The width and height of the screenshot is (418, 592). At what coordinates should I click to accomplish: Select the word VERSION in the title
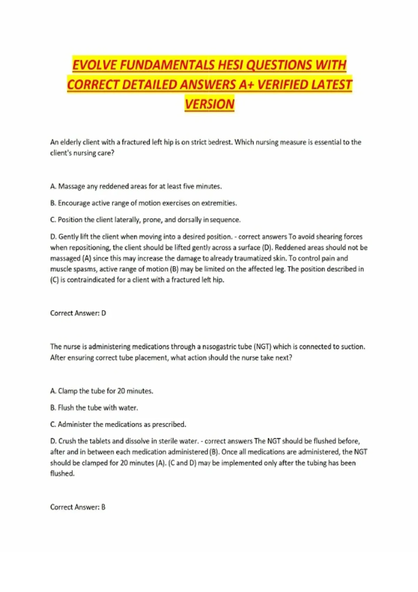pos(209,104)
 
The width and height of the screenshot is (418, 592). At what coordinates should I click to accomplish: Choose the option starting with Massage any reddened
pos(136,186)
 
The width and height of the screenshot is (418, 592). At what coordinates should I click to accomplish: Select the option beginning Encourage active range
pos(144,203)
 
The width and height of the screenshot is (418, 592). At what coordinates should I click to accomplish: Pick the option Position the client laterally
pos(145,220)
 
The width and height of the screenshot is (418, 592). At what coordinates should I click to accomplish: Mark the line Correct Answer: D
pos(78,313)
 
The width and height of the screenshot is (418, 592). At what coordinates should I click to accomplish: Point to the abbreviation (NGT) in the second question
pos(262,346)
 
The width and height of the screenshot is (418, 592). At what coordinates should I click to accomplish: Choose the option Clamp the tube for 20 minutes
pos(102,391)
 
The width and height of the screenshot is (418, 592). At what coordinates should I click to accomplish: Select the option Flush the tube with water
pos(94,408)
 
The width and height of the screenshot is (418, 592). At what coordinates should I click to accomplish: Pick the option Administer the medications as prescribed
pos(118,424)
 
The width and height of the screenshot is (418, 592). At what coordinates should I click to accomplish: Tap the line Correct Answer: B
pos(78,507)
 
